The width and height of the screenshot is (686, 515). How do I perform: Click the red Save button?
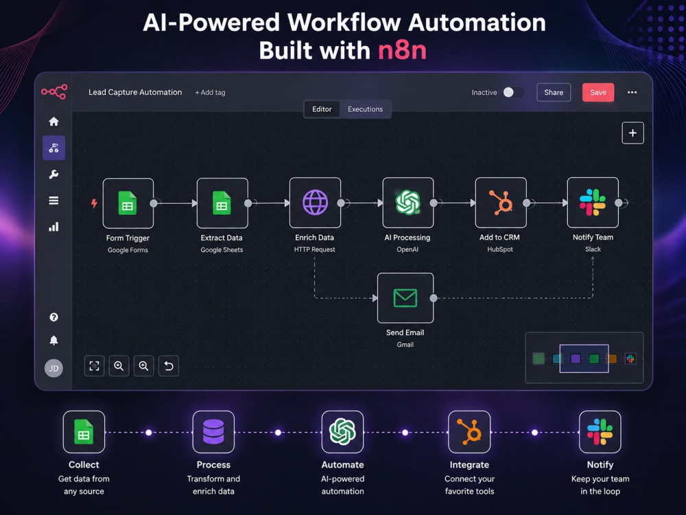pos(598,93)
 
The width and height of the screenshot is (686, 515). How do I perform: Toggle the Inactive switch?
pos(513,93)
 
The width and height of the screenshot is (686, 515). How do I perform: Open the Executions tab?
pos(366,109)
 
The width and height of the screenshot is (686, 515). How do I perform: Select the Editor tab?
pos(322,109)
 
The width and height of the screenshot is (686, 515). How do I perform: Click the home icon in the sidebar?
pos(54,122)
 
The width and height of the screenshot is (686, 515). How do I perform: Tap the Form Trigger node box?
pos(128,203)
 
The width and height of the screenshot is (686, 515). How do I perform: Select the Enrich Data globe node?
pos(315,203)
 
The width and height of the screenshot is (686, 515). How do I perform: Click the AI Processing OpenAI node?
pos(407,203)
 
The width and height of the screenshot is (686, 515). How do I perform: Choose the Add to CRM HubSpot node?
pos(501,203)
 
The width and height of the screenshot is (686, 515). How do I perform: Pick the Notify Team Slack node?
pos(593,203)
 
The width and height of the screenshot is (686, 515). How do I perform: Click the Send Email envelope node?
pos(405,298)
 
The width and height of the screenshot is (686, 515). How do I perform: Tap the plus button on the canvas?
pos(632,133)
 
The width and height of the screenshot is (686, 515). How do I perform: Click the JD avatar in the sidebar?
pos(54,368)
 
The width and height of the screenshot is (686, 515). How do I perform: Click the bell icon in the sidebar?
pos(54,341)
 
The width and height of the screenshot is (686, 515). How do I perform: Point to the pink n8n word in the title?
pos(402,50)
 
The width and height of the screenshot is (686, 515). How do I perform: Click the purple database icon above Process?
pos(213,432)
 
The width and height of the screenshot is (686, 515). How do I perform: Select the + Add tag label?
pos(210,93)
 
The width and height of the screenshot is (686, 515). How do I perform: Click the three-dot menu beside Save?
pos(632,93)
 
